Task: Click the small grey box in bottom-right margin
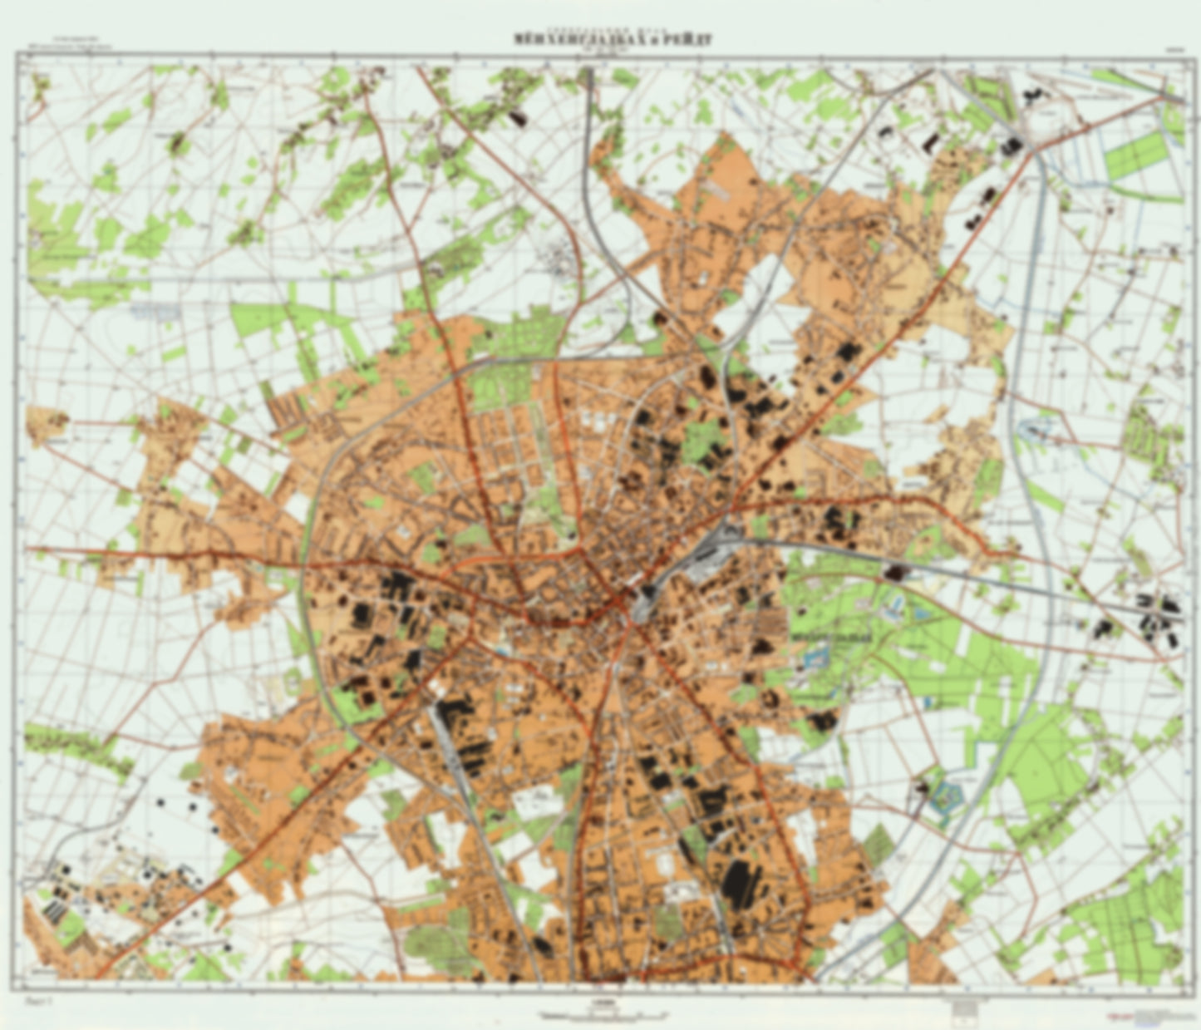[x=963, y=1008]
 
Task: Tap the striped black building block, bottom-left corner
[x=55, y=911]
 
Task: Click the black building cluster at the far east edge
[x=1159, y=614]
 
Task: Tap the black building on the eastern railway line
[x=895, y=572]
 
